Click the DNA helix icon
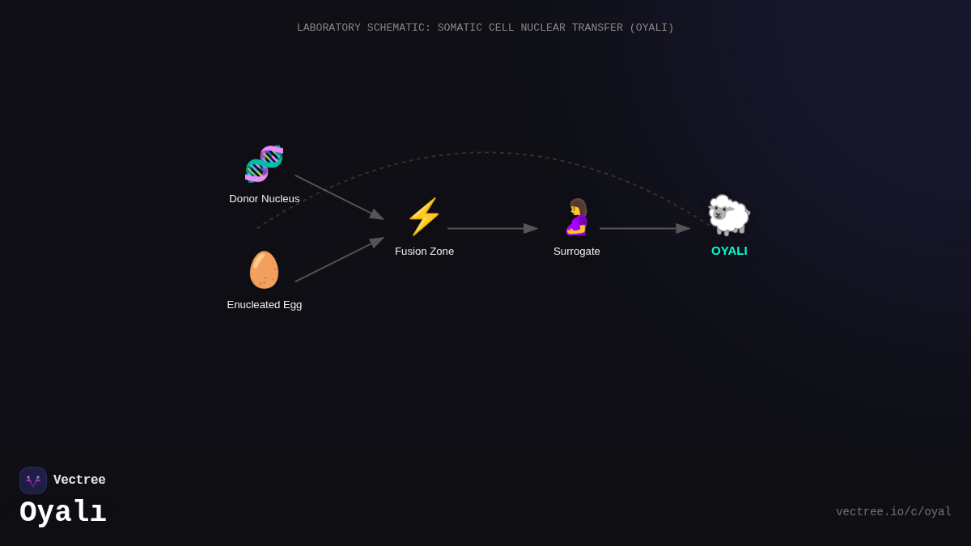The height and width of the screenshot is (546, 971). pos(264,163)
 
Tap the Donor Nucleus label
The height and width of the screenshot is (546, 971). pos(265,199)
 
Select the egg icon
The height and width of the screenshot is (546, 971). pos(264,269)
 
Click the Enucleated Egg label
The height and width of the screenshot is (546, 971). pos(265,305)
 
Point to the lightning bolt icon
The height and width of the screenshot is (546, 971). pos(424,217)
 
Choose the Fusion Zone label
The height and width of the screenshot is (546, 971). pos(424,252)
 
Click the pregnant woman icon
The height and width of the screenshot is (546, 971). pos(577,217)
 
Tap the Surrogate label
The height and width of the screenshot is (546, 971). pos(576,252)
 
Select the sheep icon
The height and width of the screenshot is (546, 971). pos(729,215)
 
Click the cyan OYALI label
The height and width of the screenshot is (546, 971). pos(729,251)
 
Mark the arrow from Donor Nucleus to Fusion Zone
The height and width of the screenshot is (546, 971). pos(339,197)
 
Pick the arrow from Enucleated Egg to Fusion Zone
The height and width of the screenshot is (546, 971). pos(339,260)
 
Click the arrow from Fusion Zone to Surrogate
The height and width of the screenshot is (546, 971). pos(493,228)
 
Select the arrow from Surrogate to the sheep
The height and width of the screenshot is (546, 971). pos(645,228)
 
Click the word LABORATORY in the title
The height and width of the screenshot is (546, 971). pos(329,28)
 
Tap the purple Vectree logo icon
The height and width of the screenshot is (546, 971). pos(33,480)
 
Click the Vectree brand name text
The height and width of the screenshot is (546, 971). pos(79,480)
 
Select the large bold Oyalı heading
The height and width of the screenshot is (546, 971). pos(63,512)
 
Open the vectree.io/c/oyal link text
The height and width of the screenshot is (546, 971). pos(893,512)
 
